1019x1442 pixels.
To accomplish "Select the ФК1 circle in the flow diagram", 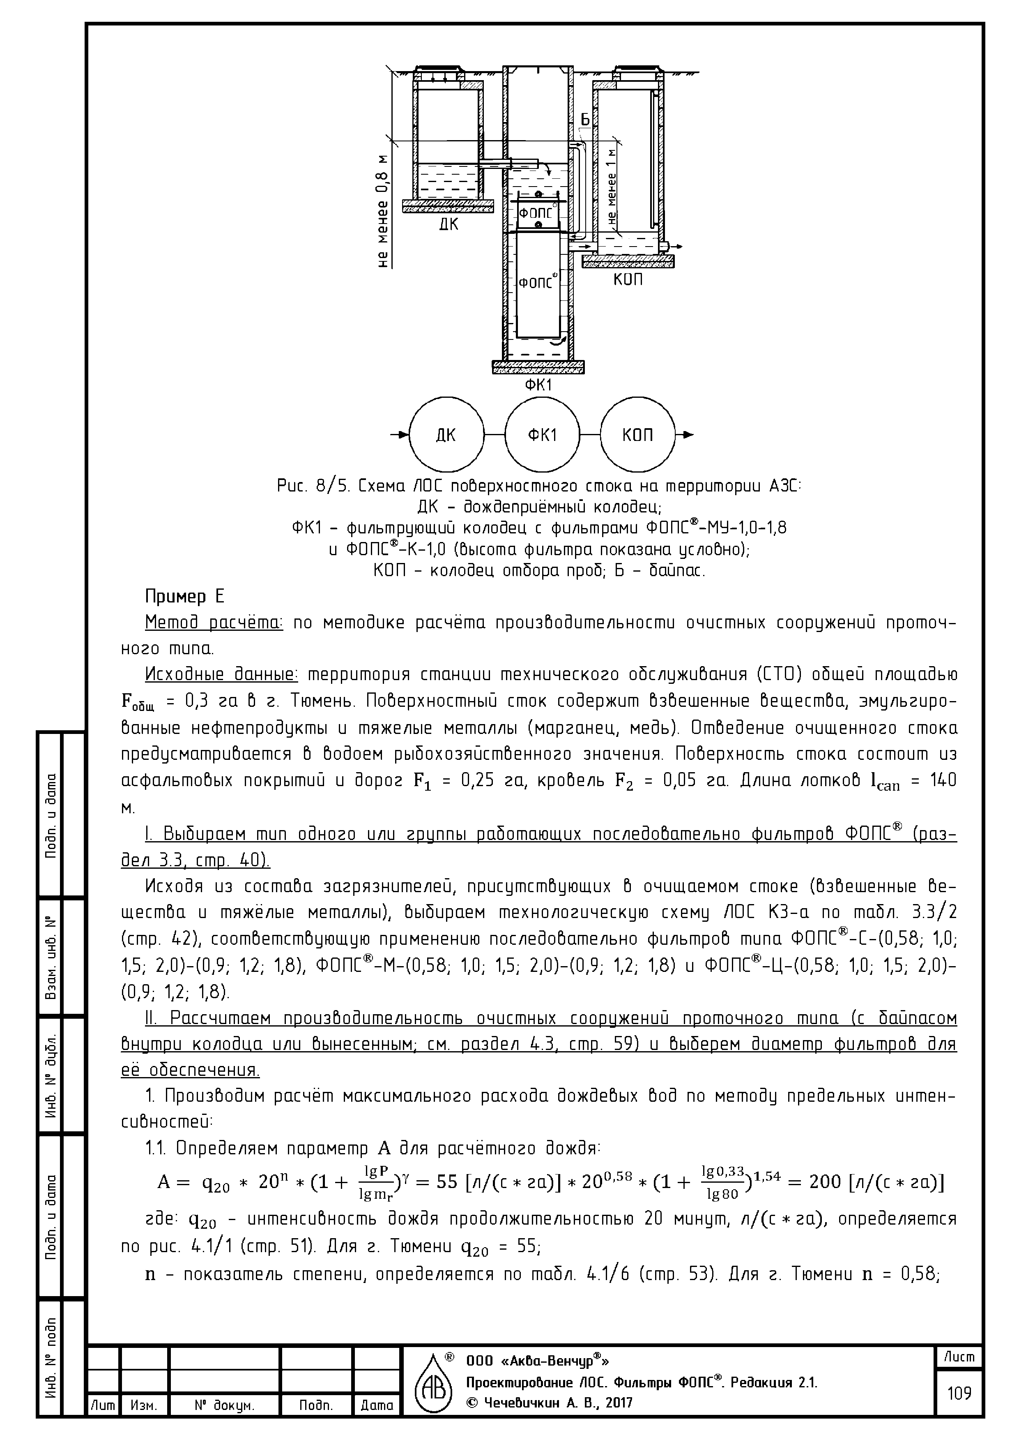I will (542, 435).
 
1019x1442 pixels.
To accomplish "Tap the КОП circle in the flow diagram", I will (637, 435).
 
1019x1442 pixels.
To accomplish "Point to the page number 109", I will (959, 1394).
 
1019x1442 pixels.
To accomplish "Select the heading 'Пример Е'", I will (184, 595).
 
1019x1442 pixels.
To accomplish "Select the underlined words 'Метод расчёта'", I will (214, 623).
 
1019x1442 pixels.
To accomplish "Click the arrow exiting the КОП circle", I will (686, 435).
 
